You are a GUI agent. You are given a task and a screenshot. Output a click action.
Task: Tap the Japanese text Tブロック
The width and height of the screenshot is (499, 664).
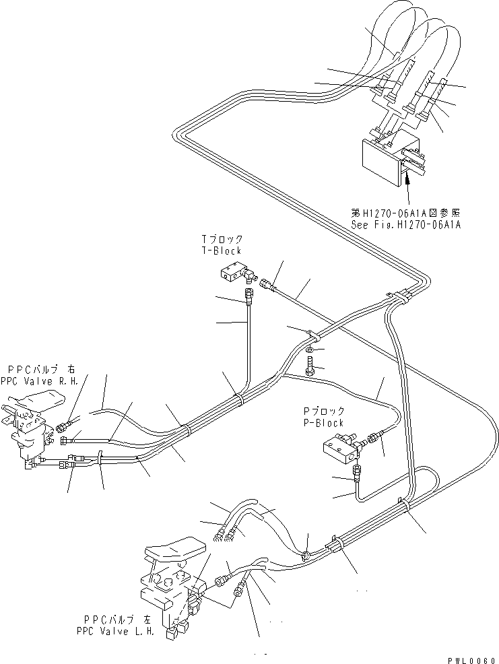tap(222, 239)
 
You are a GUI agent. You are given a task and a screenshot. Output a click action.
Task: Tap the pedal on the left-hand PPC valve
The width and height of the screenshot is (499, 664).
tap(174, 550)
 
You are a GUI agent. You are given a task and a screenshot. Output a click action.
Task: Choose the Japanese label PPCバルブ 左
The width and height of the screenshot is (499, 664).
tap(118, 620)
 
